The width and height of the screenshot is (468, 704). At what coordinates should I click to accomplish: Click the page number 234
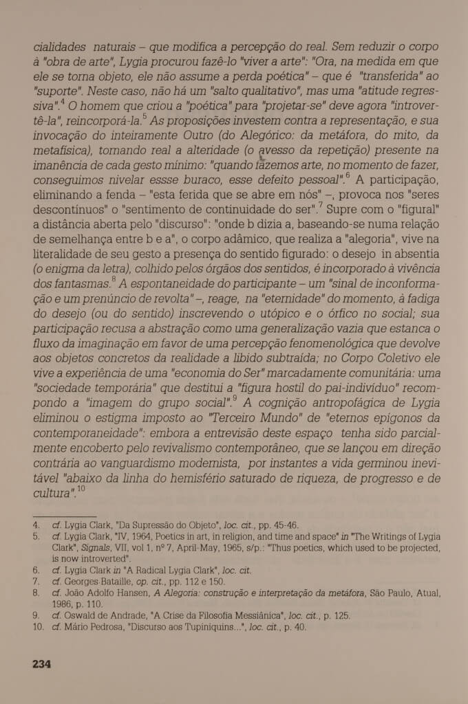tap(42, 664)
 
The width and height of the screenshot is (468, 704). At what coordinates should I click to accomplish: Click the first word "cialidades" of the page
tap(60, 47)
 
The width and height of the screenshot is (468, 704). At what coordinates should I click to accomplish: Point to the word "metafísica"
tap(64, 150)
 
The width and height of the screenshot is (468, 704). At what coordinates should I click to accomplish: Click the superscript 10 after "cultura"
tap(81, 489)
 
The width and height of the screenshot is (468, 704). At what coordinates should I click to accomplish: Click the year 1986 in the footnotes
tap(65, 604)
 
